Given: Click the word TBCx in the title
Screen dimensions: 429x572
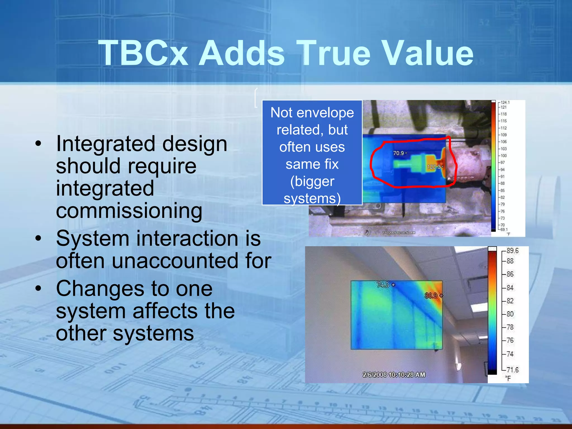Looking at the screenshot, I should (143, 53).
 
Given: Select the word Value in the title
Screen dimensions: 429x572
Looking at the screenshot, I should (427, 53).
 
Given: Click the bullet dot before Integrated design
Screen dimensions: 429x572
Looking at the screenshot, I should (38, 144).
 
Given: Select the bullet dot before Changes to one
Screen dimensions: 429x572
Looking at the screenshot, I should (38, 289).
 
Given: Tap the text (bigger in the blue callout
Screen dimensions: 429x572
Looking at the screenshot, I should (312, 181).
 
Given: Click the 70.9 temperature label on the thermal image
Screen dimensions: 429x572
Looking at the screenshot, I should (398, 153).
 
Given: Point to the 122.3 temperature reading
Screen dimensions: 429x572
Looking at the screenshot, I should (433, 167).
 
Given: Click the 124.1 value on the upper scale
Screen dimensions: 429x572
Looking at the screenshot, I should (505, 103).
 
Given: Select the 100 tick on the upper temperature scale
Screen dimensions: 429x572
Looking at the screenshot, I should (504, 156).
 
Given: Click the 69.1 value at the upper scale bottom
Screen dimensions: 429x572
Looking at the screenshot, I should (504, 229).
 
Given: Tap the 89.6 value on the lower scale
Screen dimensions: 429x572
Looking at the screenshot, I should (512, 251).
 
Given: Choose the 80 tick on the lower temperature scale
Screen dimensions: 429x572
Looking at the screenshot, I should (510, 314).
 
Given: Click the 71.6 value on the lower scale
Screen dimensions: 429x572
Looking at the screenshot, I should (512, 370).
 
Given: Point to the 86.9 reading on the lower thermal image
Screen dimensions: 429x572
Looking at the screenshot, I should (431, 295).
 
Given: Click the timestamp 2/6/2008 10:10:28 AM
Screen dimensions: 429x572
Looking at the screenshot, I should (394, 375).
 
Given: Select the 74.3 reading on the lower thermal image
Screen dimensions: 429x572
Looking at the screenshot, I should (383, 285).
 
